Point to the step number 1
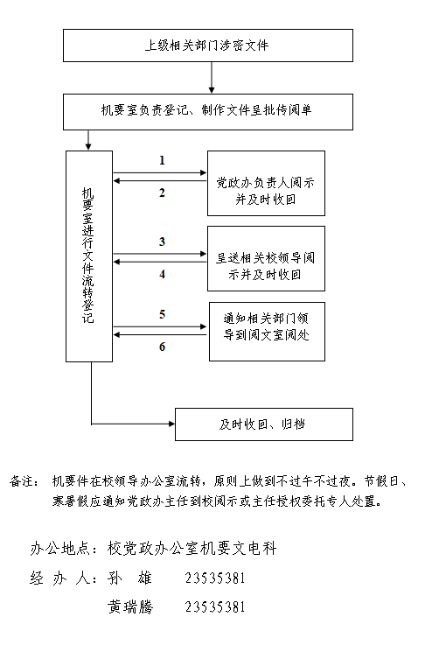[162, 160]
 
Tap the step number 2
[162, 193]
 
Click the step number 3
[162, 242]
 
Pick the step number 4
[162, 275]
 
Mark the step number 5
[162, 314]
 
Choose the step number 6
[162, 347]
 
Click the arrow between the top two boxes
[212, 78]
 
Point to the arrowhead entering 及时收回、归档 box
[172, 424]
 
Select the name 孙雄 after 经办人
[130, 578]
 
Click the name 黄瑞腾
[130, 607]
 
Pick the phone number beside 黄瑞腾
[215, 607]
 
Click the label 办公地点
[59, 549]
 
